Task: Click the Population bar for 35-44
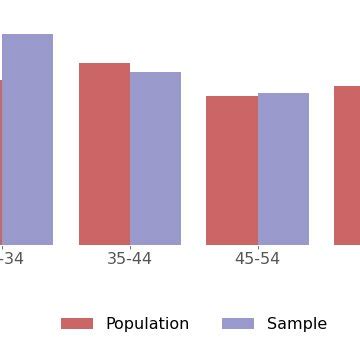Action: [x=104, y=154]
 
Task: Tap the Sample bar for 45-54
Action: [x=283, y=169]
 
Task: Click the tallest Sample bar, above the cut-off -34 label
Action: [x=27, y=140]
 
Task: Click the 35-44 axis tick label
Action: [x=130, y=259]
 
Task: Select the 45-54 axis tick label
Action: [x=258, y=259]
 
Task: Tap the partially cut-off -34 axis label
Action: [x=11, y=259]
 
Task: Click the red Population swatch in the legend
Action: [x=77, y=324]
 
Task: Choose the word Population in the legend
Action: [x=147, y=324]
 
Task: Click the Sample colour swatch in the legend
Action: [x=238, y=324]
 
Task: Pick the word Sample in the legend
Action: [x=297, y=324]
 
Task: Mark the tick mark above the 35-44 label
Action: [x=130, y=247]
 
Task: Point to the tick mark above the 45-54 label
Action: [x=258, y=247]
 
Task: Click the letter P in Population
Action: [x=110, y=324]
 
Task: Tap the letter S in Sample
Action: [x=272, y=324]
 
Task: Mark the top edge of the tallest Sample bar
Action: [x=27, y=35]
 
